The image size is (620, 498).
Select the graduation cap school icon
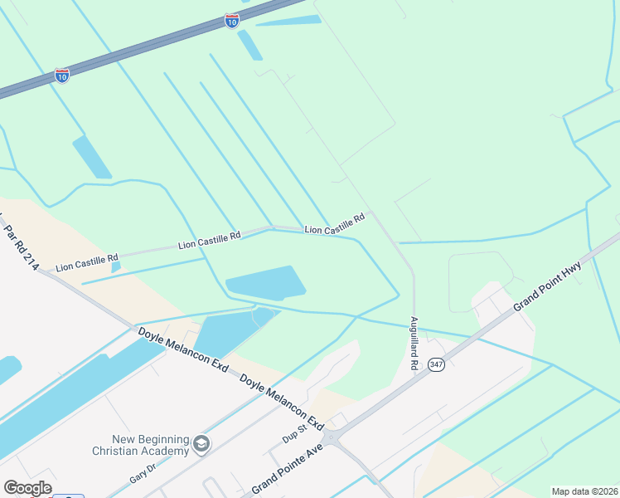201,445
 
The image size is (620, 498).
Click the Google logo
27,488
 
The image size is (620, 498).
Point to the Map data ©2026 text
585,491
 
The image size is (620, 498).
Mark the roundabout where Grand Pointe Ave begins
333,437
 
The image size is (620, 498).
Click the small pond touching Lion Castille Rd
115,267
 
